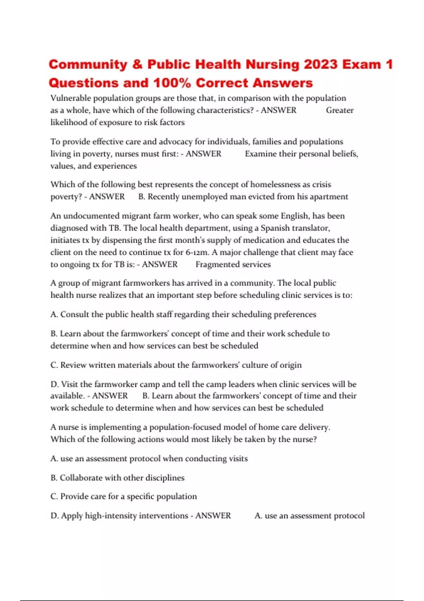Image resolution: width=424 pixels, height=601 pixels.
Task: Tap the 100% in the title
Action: (172, 83)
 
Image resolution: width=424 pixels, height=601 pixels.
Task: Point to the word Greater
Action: (340, 110)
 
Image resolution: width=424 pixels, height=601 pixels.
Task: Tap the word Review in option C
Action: (73, 365)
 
